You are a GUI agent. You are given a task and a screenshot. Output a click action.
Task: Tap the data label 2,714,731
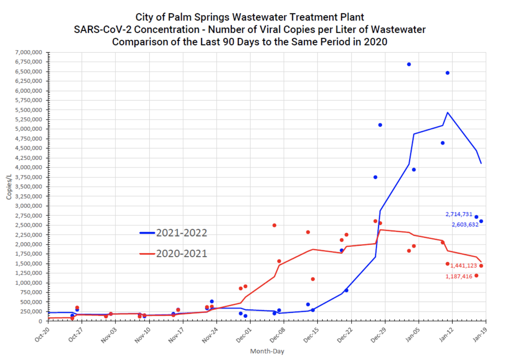point(459,215)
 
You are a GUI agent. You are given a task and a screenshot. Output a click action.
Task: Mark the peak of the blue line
point(448,112)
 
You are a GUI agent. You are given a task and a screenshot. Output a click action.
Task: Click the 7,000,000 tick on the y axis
point(28,52)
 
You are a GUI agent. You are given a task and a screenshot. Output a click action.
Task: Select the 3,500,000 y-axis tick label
point(28,187)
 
